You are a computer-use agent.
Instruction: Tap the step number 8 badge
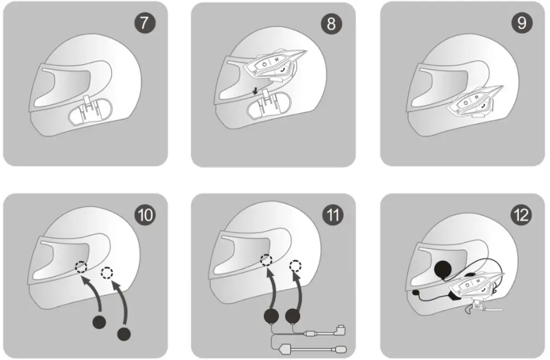(332, 23)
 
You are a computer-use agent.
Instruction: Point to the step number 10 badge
(145, 215)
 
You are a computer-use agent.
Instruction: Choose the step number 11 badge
(333, 215)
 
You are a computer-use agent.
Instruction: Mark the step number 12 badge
(522, 215)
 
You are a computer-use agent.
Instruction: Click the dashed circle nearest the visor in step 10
(82, 267)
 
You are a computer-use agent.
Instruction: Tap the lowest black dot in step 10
(123, 334)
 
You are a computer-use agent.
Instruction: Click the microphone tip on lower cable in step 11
(340, 350)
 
